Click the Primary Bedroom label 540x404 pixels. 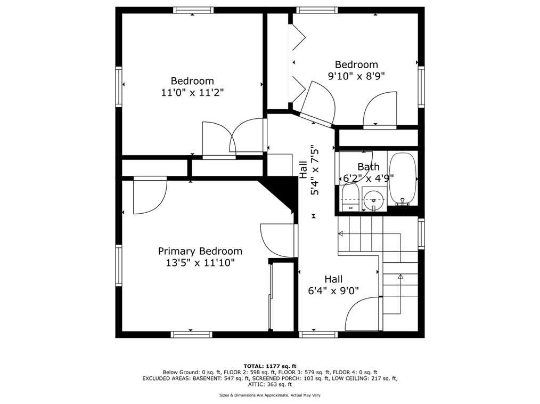point(200,251)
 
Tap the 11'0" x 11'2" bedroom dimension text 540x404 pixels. point(192,92)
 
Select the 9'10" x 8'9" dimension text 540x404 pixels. point(356,76)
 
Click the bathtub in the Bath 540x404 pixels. point(402,179)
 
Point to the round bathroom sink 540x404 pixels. point(374,199)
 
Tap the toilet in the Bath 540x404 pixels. point(350,197)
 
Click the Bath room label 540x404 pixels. point(369,167)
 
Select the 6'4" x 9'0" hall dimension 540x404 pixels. point(333,291)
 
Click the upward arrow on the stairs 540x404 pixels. point(400,276)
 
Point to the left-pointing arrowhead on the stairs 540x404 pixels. point(341,234)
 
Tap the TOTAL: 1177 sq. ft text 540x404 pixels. point(270,366)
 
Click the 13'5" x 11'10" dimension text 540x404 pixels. point(200,263)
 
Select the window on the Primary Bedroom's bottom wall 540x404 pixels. point(192,334)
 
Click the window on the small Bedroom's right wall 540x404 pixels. point(421,87)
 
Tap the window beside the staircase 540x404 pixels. point(421,234)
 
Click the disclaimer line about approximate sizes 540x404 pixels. point(270,395)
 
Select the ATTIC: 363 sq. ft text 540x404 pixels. point(270,384)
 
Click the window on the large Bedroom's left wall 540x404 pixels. point(118,86)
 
